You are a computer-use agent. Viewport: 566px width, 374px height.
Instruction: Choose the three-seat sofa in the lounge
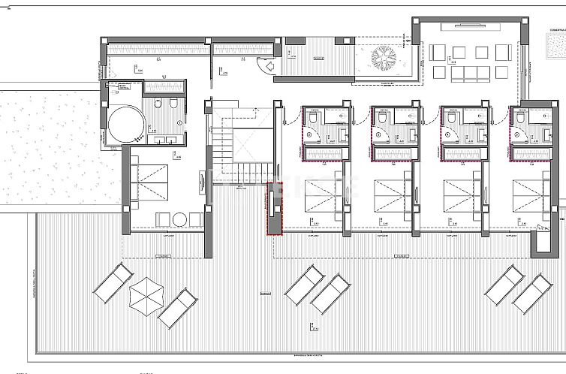464,73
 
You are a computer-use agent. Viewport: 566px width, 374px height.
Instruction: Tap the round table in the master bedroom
180,219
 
